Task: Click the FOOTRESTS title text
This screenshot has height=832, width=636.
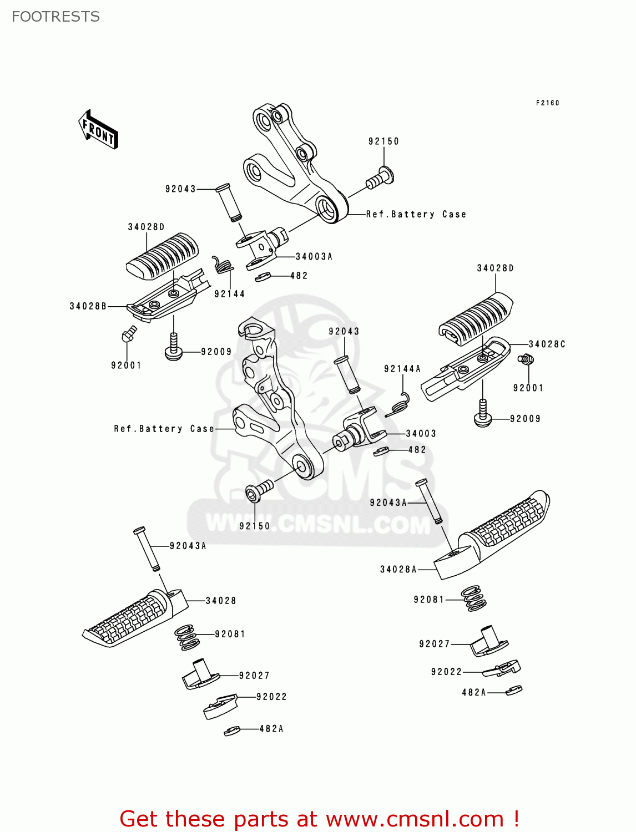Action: click(55, 17)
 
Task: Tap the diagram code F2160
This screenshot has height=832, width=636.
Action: click(547, 103)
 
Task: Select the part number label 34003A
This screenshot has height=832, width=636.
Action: click(314, 256)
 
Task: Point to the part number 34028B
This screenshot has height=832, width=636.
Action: click(88, 306)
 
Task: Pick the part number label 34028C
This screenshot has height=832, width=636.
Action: click(547, 344)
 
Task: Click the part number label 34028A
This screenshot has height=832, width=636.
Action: click(398, 569)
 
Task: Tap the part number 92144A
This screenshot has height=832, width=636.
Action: click(402, 369)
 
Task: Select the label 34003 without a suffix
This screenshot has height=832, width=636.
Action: click(421, 433)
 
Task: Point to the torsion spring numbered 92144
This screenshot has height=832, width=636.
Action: click(222, 265)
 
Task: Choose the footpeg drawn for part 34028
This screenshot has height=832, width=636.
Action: click(133, 618)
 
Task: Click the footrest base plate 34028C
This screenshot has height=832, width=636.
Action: click(466, 369)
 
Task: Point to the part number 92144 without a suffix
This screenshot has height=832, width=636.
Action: click(229, 294)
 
